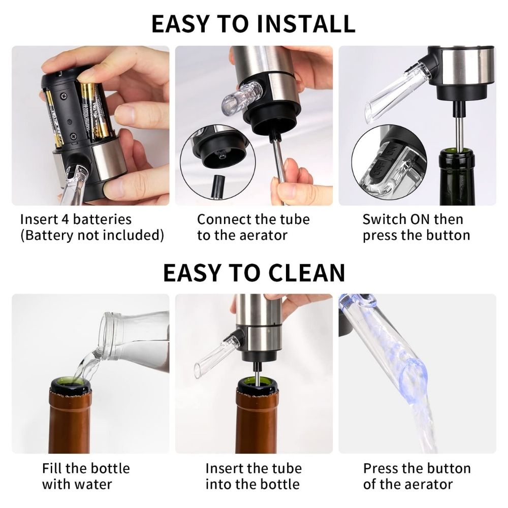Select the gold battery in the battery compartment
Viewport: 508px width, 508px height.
click(90, 109)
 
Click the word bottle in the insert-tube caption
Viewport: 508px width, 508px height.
click(278, 484)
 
